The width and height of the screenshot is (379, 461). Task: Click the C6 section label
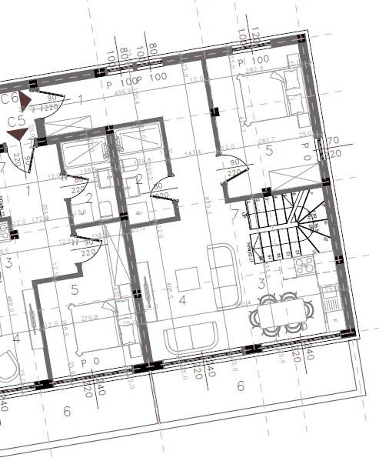9,99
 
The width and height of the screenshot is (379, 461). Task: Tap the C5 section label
16,122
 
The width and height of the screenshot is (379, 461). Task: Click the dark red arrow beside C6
26,100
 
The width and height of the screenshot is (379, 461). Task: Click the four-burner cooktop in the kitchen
304,266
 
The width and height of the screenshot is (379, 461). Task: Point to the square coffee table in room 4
188,278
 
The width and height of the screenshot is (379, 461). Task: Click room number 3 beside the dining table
261,284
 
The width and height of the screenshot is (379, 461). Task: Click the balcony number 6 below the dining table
240,386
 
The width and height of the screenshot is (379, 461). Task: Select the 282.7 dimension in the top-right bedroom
265,141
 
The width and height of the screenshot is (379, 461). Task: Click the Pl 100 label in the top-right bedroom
253,60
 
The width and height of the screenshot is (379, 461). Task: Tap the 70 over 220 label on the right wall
332,147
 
